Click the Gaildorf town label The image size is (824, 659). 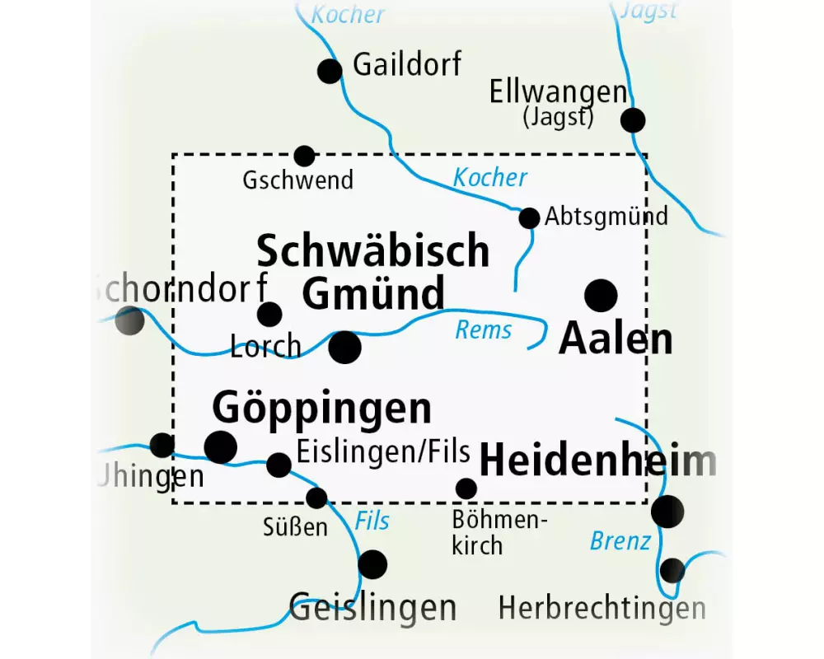coord(407,65)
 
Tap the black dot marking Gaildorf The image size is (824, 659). coord(330,71)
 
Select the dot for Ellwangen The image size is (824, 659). coord(633,120)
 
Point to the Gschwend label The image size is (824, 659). coord(297,180)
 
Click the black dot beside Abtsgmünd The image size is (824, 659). coord(529,217)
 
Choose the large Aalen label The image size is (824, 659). coord(616,339)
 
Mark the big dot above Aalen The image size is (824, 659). coord(601,295)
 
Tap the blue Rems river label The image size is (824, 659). coord(484,330)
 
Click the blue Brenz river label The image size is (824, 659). coord(620,542)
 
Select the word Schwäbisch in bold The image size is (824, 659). coord(373,251)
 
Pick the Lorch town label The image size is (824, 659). coord(265,347)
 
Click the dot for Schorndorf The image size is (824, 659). coord(129,320)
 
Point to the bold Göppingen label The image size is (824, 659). coord(322,407)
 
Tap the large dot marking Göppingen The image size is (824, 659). coord(220,446)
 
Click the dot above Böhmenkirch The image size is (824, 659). coord(466,488)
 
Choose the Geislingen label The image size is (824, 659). coord(372,607)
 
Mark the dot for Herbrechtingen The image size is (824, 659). coord(672,570)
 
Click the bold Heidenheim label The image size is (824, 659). coord(597,461)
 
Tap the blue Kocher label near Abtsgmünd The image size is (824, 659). coord(490,177)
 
